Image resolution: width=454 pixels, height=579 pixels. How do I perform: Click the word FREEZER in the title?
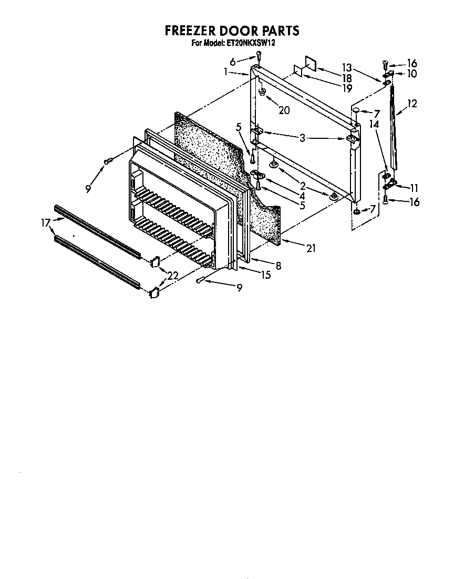pyautogui.click(x=193, y=31)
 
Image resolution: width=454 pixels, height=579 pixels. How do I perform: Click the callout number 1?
pyautogui.click(x=226, y=72)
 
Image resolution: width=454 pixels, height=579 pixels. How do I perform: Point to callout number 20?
pyautogui.click(x=284, y=110)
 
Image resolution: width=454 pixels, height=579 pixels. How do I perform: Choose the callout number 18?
pyautogui.click(x=346, y=78)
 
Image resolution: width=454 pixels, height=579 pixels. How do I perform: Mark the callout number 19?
pyautogui.click(x=346, y=88)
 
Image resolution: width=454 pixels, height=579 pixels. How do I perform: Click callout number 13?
pyautogui.click(x=346, y=67)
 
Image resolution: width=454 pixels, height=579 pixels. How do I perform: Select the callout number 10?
pyautogui.click(x=411, y=74)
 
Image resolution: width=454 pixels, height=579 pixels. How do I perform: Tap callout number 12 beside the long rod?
pyautogui.click(x=411, y=104)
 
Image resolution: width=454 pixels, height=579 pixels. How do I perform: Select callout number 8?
pyautogui.click(x=278, y=266)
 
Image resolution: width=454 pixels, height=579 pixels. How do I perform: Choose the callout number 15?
pyautogui.click(x=266, y=275)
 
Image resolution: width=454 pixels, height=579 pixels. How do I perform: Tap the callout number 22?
pyautogui.click(x=173, y=275)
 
